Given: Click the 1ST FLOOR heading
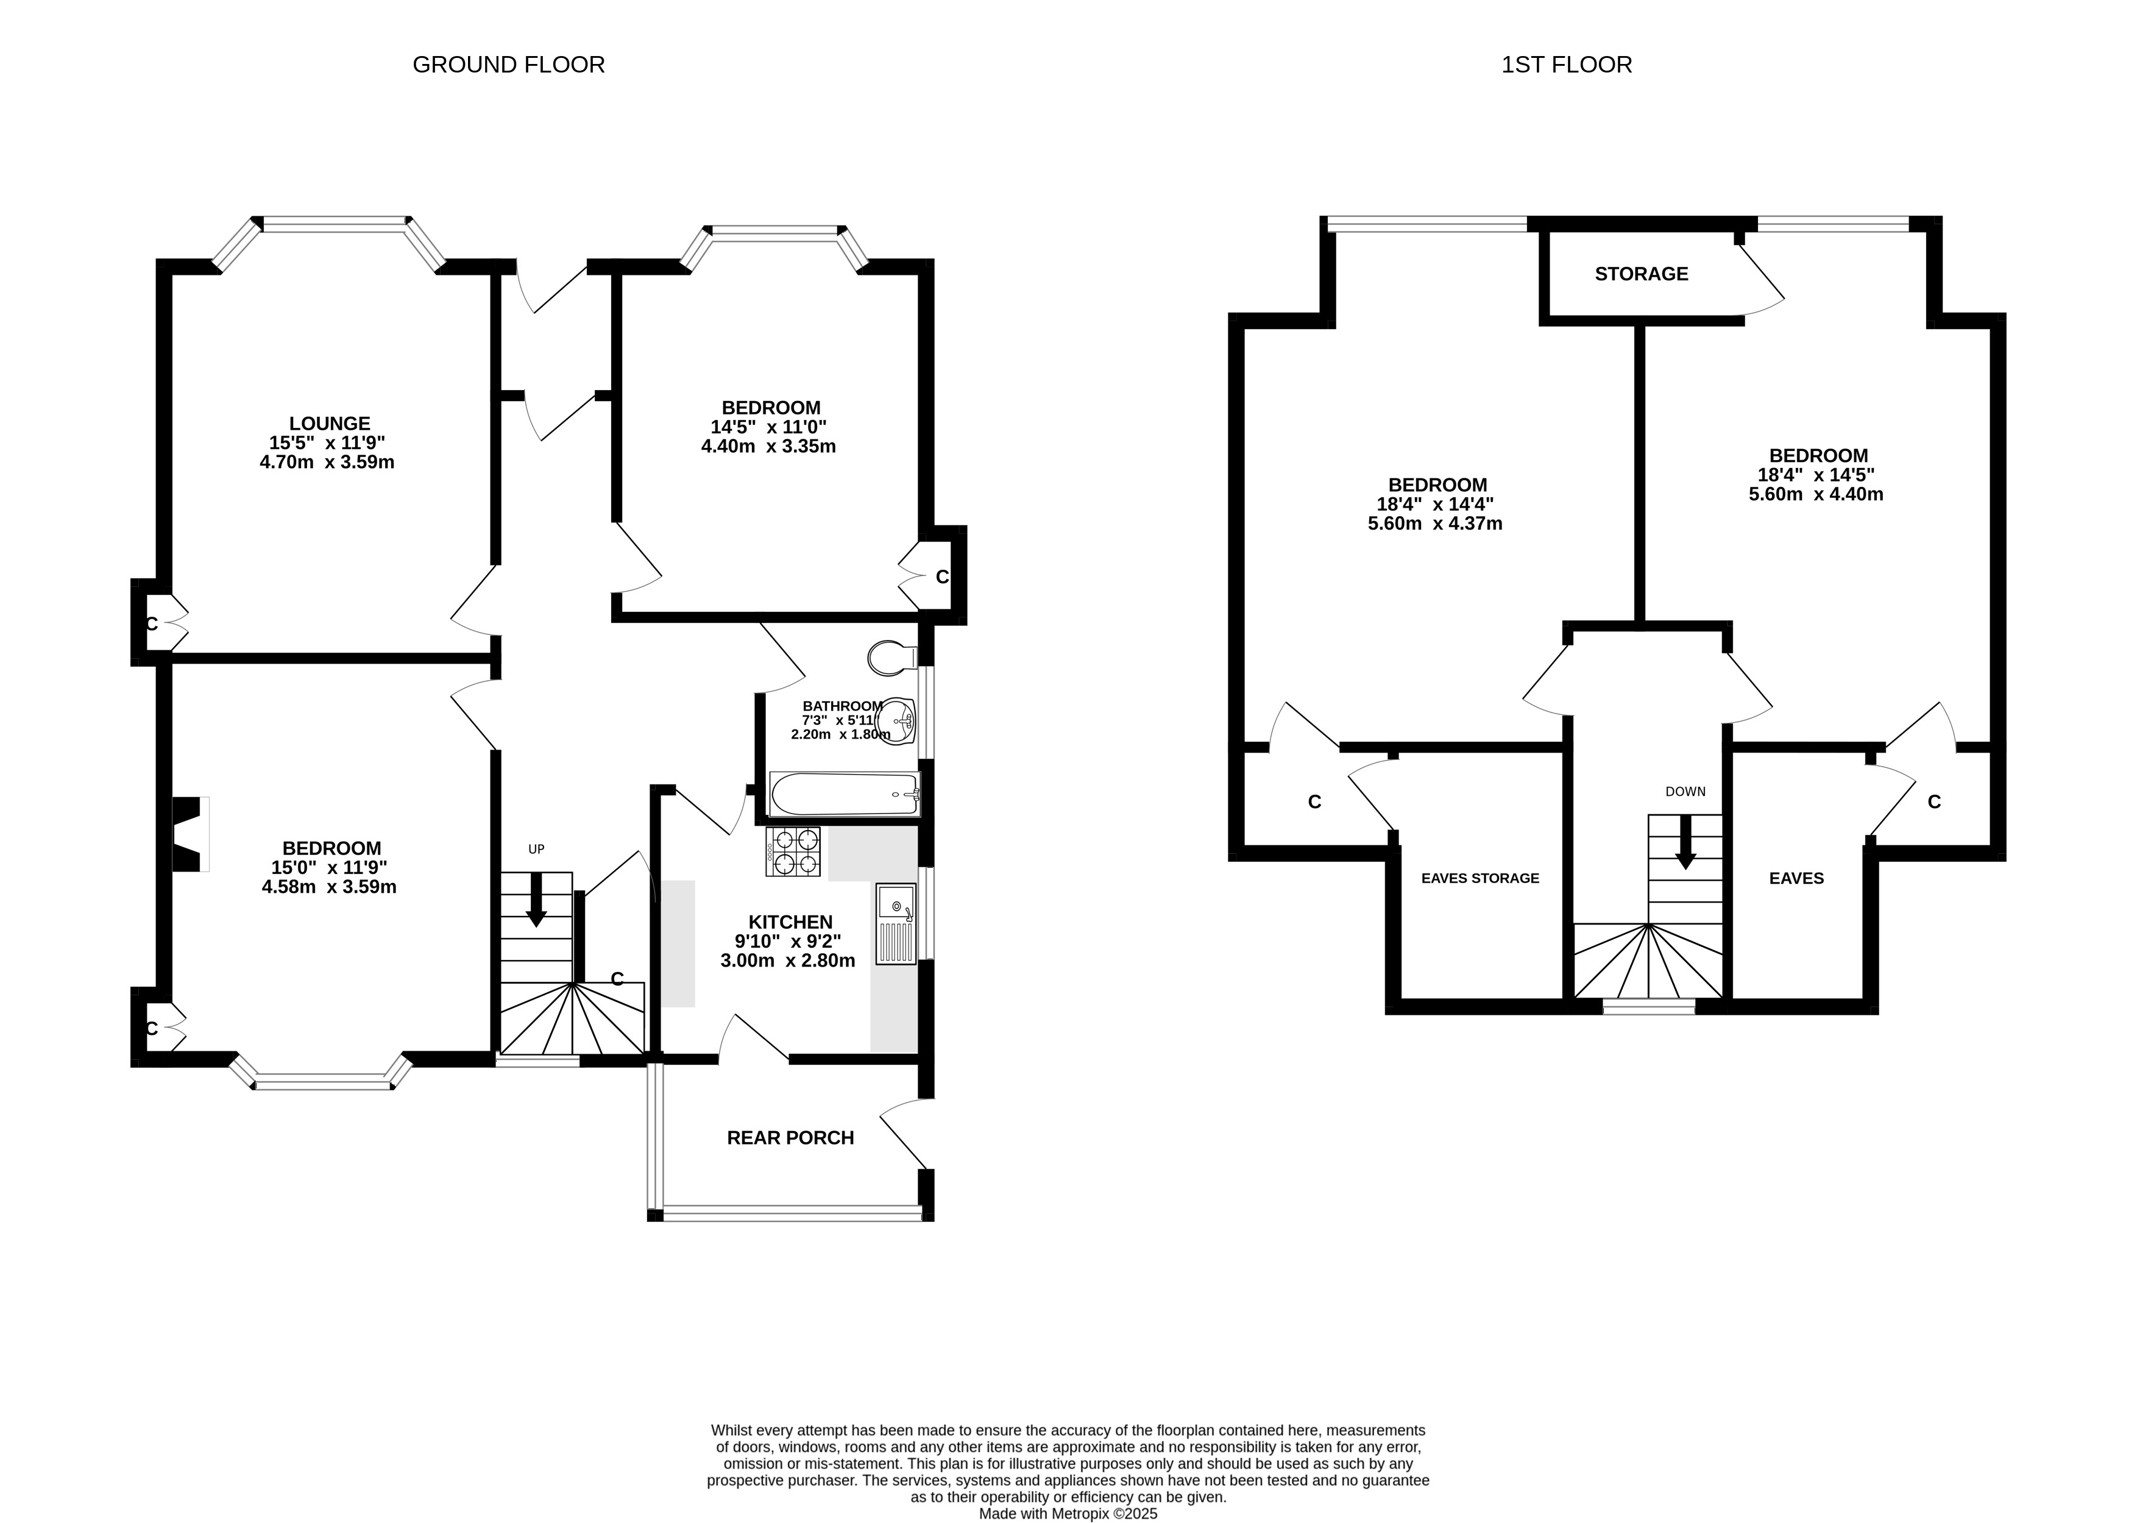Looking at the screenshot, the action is click(1566, 65).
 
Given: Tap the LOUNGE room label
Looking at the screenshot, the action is click(329, 424).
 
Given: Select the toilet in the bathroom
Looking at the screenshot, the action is click(893, 658).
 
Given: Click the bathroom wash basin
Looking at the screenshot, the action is click(898, 721).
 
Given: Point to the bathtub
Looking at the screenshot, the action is click(844, 794).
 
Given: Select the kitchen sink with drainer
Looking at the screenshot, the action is click(896, 924).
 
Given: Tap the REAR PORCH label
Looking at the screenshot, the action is click(790, 1138).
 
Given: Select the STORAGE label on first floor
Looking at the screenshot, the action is click(1641, 274).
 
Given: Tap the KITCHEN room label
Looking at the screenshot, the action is click(790, 922).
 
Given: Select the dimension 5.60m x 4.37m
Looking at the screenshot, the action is click(1434, 524).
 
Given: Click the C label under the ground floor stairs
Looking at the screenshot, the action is click(617, 979).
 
